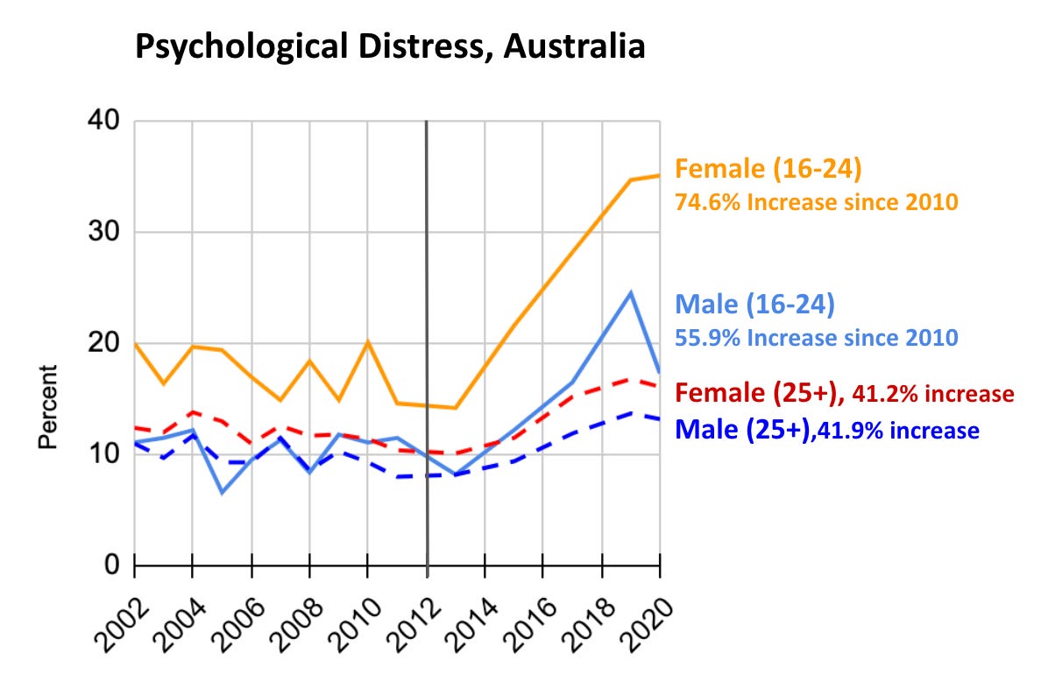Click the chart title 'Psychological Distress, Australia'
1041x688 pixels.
coord(389,46)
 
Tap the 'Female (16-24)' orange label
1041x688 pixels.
coord(769,167)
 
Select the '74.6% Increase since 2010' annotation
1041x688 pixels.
coord(816,201)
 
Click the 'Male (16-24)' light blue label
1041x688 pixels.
coord(754,305)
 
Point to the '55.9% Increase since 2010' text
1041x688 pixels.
coord(815,337)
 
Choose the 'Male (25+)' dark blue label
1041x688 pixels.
coord(740,430)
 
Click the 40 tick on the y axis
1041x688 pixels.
coord(104,122)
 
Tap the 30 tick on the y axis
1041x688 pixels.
coord(104,233)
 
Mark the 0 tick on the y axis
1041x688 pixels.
coord(111,565)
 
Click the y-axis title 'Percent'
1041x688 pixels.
coord(48,408)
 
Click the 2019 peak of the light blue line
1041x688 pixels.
coord(630,292)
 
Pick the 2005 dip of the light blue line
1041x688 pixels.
coord(223,493)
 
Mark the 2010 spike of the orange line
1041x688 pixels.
coord(368,341)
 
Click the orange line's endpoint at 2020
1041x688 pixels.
coord(658,176)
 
